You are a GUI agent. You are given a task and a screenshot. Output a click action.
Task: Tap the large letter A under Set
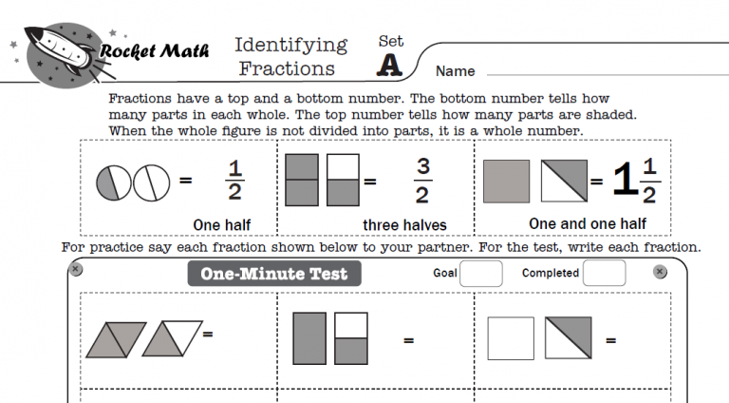(x=389, y=64)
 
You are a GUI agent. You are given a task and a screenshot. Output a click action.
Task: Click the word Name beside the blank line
(x=455, y=71)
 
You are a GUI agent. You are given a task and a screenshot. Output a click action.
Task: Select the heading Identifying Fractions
(x=290, y=56)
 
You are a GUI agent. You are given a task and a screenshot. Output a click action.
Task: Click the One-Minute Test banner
(x=273, y=275)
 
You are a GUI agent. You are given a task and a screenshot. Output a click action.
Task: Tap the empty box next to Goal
(x=481, y=274)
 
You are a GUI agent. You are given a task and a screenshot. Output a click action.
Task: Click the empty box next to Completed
(x=604, y=274)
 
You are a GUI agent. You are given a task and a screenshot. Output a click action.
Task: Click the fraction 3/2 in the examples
(x=423, y=181)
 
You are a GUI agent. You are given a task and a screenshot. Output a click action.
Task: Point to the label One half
(x=221, y=224)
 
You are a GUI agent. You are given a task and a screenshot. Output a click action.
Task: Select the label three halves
(x=404, y=225)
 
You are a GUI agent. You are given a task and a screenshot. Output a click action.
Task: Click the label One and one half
(x=588, y=223)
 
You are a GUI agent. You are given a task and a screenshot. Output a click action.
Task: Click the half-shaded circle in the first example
(x=113, y=181)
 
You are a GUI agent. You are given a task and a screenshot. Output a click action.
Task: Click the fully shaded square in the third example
(x=507, y=181)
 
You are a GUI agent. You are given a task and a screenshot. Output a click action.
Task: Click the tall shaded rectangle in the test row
(x=310, y=337)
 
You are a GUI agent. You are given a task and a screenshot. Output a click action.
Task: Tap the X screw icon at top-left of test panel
(x=76, y=270)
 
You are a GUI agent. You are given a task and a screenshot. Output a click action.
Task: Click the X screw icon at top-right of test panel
(x=660, y=272)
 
